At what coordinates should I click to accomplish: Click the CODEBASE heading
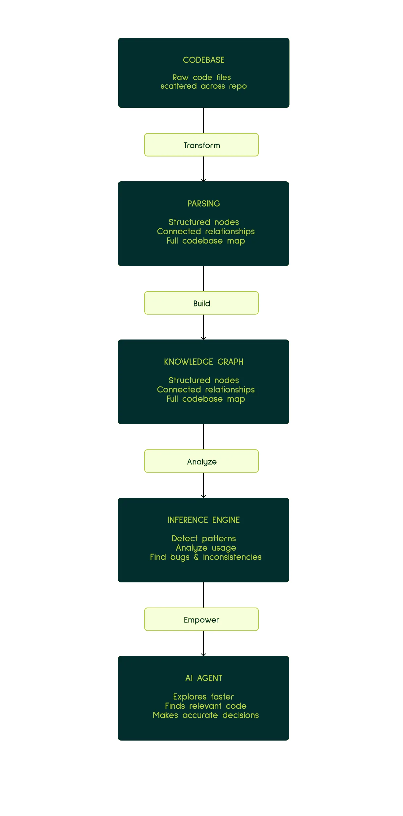[x=203, y=60]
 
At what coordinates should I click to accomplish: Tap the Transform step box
[x=201, y=145]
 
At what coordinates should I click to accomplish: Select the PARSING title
[x=203, y=204]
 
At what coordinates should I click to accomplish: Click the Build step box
[x=201, y=303]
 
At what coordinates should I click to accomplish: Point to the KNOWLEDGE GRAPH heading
[x=203, y=362]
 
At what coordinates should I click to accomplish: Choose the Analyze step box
[x=201, y=461]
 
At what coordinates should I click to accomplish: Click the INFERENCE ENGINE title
[x=203, y=520]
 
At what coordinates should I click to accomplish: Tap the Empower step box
[x=201, y=619]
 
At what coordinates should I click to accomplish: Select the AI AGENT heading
[x=203, y=678]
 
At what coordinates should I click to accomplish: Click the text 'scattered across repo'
[x=203, y=86]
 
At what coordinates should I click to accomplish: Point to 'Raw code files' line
[x=202, y=77]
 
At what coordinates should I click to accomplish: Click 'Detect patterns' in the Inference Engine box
[x=203, y=539]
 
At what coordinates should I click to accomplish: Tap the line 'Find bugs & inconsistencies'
[x=205, y=557]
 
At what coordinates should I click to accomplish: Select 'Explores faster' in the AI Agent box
[x=203, y=697]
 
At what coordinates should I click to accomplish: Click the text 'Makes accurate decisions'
[x=205, y=715]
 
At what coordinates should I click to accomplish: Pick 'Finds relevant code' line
[x=205, y=706]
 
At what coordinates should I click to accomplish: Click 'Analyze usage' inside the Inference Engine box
[x=205, y=548]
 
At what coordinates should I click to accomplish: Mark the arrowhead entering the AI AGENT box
[x=203, y=655]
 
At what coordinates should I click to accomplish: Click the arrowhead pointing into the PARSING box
[x=203, y=180]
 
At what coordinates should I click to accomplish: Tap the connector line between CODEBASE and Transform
[x=203, y=120]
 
